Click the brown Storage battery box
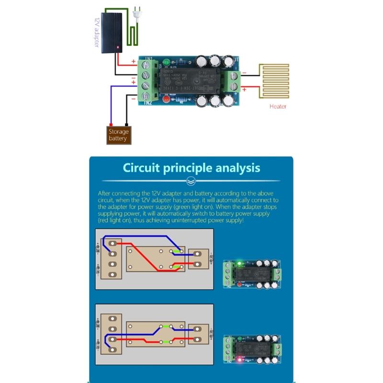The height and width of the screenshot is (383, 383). click(118, 135)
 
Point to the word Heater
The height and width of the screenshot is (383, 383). click(278, 107)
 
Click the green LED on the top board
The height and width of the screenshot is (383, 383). click(166, 63)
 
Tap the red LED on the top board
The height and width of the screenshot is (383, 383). click(166, 99)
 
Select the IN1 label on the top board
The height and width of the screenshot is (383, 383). click(148, 59)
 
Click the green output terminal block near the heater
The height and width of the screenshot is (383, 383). click(234, 81)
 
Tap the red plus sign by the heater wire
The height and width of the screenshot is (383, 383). click(244, 89)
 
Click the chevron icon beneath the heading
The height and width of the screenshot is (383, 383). click(191, 181)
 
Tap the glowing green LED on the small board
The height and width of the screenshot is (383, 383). click(239, 263)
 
